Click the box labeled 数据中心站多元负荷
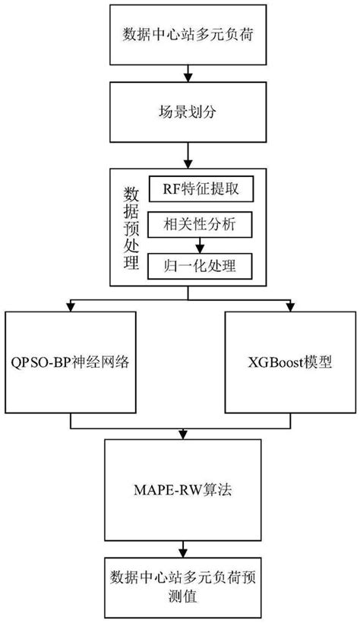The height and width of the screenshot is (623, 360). click(x=181, y=35)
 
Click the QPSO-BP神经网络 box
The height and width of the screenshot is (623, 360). click(x=71, y=362)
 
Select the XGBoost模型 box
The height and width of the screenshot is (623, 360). click(x=290, y=362)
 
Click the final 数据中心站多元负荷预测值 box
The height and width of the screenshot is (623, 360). click(x=181, y=587)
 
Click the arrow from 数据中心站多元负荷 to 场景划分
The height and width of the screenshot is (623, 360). click(x=181, y=73)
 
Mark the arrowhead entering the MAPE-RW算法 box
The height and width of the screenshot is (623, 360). click(x=181, y=435)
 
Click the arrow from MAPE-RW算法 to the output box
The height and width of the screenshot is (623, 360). click(x=181, y=546)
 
